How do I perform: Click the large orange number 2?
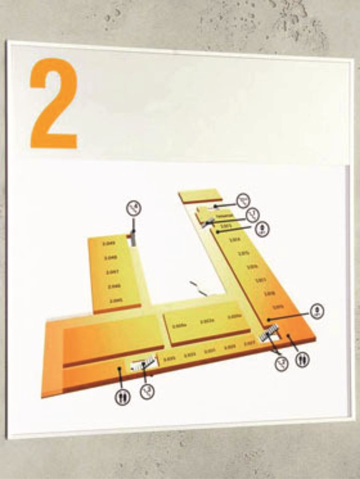[54, 103]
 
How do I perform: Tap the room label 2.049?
[109, 243]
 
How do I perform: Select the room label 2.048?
[110, 258]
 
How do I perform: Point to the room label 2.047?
[111, 272]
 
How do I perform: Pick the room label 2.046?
[114, 286]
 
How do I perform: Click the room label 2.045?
[116, 300]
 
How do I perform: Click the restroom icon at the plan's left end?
[122, 397]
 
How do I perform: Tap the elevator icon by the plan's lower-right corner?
[317, 311]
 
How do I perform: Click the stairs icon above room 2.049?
[134, 208]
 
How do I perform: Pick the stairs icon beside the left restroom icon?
[147, 391]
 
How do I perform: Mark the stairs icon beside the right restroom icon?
[282, 363]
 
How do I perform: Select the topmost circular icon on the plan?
[243, 201]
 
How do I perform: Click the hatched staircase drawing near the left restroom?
[142, 364]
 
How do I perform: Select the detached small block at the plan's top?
[200, 196]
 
